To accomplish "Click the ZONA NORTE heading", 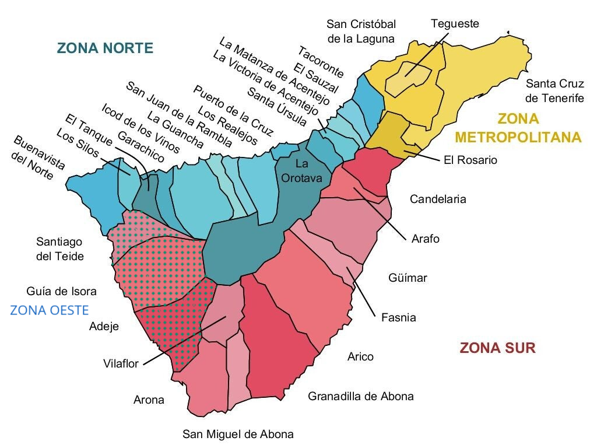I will tap(105, 48).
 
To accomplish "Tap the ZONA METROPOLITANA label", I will tap(518, 128).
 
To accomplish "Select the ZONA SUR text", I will tap(497, 348).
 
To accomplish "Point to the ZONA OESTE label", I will tap(50, 310).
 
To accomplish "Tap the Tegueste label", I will tap(455, 24).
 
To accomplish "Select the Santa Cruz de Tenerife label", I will tap(554, 90).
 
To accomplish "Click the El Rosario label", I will tap(470, 160).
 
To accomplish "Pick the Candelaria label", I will tap(438, 199).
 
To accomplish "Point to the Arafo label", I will tap(425, 239).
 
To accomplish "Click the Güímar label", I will tap(408, 278).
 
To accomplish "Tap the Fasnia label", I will tap(398, 318).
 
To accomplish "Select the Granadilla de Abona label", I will tap(360, 396).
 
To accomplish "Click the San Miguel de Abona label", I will tap(238, 434).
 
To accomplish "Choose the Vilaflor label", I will tap(121, 363).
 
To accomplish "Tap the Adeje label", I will tap(104, 326).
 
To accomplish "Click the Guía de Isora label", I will tap(61, 291).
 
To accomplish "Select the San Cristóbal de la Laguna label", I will tap(361, 32).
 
